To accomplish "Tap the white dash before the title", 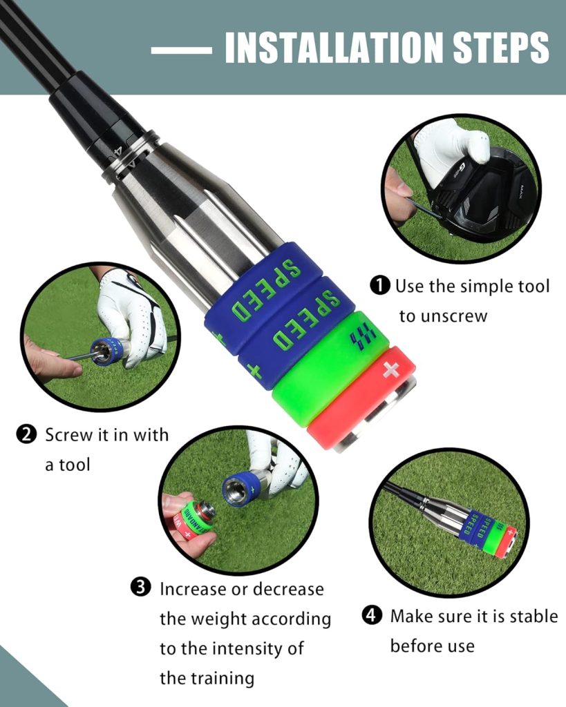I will click(182, 50).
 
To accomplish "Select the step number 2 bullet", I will click(26, 435).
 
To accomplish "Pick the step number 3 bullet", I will click(140, 588).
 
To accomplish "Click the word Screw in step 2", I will click(68, 435).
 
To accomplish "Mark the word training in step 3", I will click(219, 678).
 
